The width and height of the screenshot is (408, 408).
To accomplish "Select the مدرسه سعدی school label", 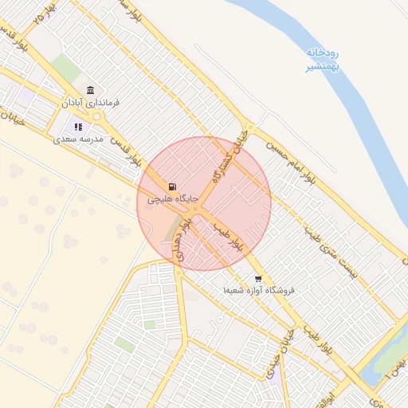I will click(x=79, y=139).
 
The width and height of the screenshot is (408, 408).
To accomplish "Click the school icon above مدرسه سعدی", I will click(x=79, y=126).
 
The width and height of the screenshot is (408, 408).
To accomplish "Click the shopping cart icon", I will click(x=258, y=279).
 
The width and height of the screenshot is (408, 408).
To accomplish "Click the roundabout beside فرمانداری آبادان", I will click(x=97, y=116).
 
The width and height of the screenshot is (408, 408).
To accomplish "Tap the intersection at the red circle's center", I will click(x=203, y=203).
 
